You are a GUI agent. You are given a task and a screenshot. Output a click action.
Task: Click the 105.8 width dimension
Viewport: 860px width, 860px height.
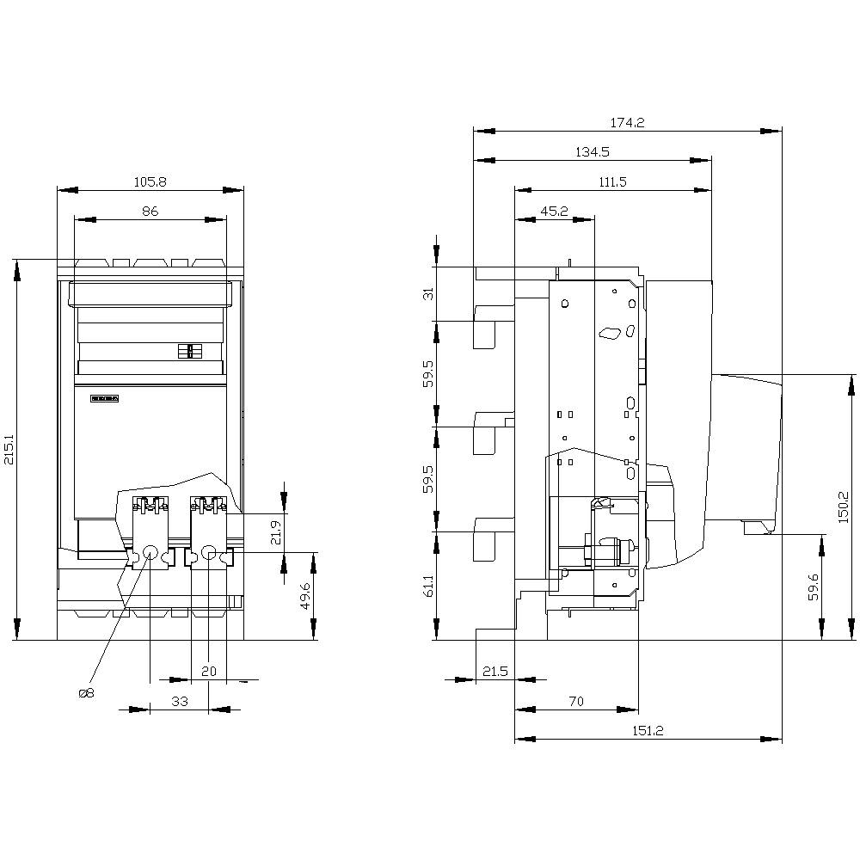point(150,181)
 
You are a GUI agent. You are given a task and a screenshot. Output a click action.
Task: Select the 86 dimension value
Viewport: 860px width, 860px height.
point(150,211)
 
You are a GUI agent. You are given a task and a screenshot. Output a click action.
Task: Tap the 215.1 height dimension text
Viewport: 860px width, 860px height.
point(8,448)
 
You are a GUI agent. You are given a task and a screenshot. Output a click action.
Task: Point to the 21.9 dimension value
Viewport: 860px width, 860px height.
point(275,532)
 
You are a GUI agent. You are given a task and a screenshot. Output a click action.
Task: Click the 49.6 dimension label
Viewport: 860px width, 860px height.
point(305,595)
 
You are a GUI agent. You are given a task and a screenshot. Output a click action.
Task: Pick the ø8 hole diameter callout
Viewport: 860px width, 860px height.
point(86,693)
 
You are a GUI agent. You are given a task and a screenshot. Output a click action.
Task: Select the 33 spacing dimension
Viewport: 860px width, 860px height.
point(179,701)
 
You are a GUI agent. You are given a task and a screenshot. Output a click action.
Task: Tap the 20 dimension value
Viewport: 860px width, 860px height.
point(209,671)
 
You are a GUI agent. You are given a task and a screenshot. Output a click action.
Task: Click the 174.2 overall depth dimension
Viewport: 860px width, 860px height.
point(627,122)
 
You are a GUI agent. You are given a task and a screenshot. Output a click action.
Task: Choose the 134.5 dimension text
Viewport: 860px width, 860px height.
point(593,151)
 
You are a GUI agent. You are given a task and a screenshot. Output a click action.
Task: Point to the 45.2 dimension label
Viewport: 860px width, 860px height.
point(554,211)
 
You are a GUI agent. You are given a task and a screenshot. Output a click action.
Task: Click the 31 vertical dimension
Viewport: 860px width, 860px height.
point(428,293)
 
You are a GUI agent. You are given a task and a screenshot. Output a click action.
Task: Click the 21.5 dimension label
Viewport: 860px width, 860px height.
point(495,671)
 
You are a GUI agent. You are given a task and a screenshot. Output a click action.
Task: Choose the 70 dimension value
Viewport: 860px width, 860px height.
point(576,701)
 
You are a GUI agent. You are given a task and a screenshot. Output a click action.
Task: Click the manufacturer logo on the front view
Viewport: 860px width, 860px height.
point(104,399)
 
